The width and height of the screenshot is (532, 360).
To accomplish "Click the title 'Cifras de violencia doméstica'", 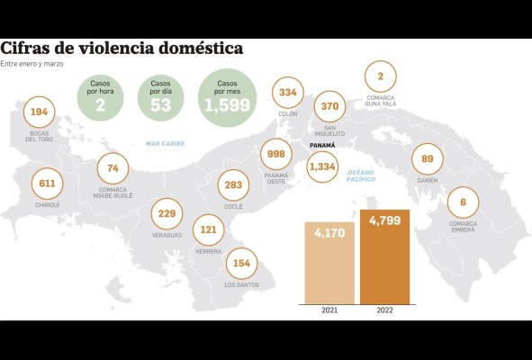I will [x=121, y=49].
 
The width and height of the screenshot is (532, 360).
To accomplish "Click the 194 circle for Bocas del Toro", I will [x=38, y=112].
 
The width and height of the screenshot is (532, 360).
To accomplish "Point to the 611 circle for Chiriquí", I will [x=45, y=183].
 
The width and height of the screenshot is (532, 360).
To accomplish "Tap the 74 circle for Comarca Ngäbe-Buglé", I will [x=113, y=168].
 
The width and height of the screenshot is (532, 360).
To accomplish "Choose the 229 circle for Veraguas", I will [x=167, y=213].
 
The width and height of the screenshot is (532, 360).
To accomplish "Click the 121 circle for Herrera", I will [x=208, y=229].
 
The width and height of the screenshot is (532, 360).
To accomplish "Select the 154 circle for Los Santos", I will [x=240, y=263].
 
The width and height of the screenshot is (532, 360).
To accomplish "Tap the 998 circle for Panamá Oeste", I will [x=276, y=154].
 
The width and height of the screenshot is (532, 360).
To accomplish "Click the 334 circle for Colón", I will [x=288, y=93].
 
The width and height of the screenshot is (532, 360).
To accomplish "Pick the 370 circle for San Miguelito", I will [x=329, y=106].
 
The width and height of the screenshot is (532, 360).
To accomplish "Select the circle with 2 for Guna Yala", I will [x=381, y=77].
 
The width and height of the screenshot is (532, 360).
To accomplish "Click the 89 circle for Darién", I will [x=427, y=160].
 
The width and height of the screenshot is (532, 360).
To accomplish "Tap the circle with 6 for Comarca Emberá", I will [x=463, y=202].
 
